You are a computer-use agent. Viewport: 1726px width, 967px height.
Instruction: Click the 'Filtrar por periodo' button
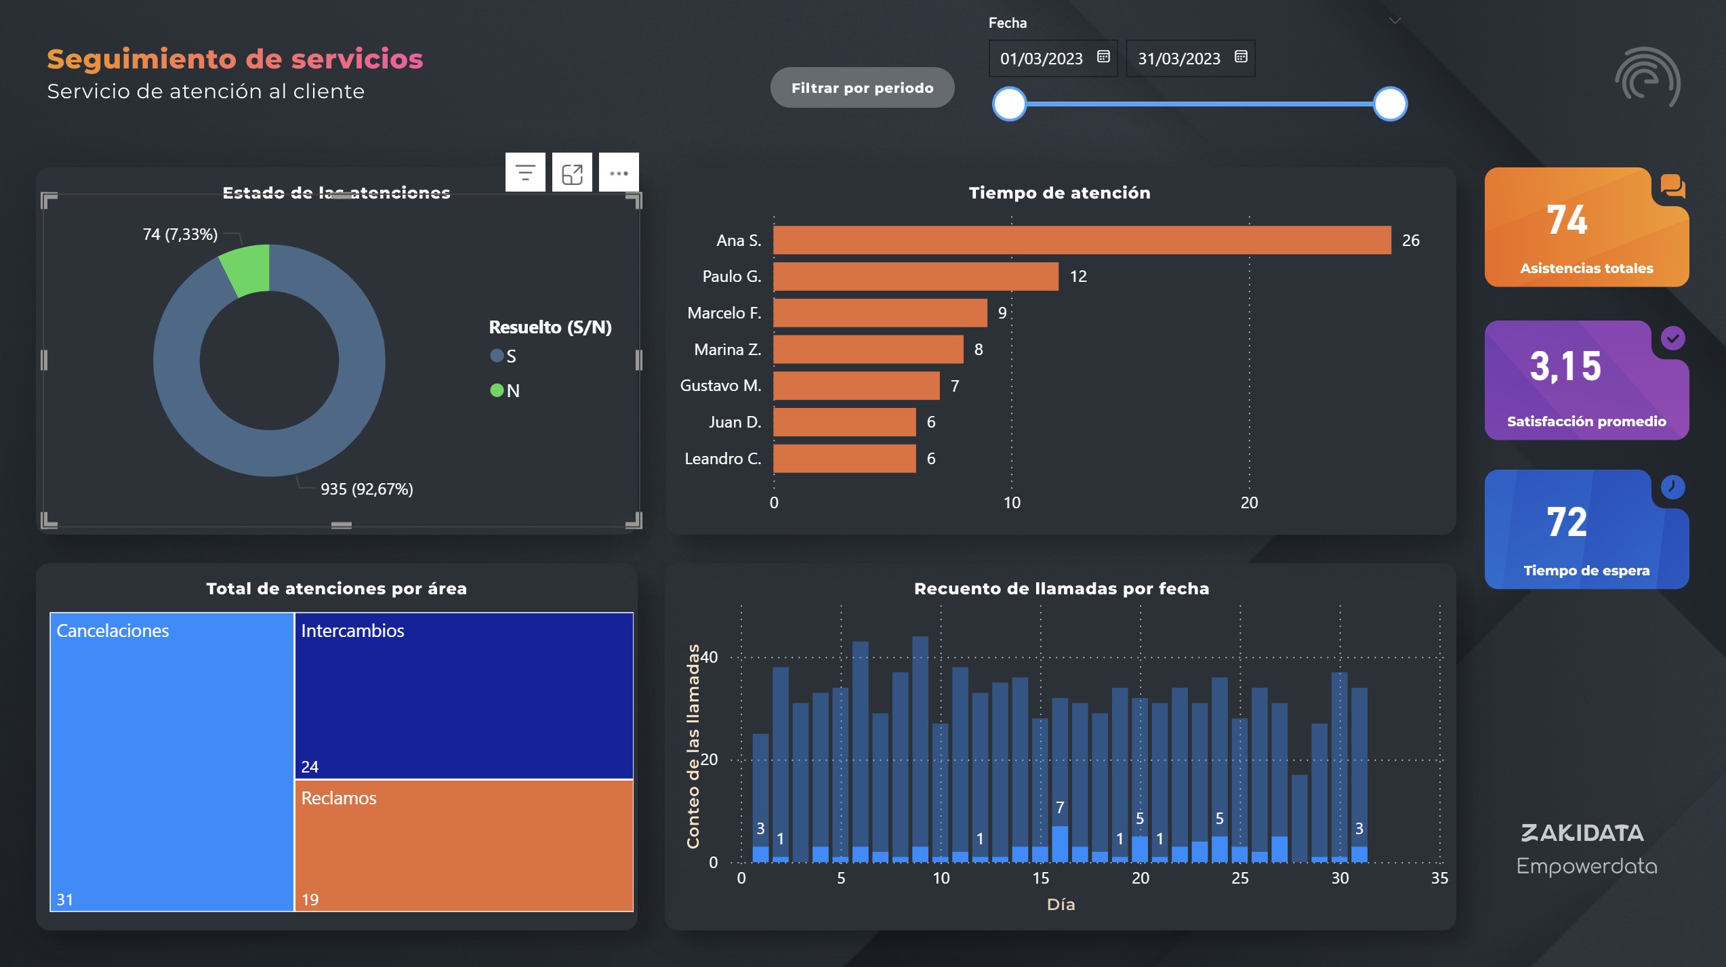[862, 88]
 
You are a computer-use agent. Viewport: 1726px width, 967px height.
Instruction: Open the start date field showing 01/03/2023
[1042, 59]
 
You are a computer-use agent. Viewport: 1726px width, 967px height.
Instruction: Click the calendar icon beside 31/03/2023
[1241, 57]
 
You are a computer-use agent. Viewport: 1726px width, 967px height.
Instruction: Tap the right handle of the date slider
[1390, 104]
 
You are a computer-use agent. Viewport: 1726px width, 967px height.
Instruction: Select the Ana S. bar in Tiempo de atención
[1082, 241]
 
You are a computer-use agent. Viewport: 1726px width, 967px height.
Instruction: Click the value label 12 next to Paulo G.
[1078, 276]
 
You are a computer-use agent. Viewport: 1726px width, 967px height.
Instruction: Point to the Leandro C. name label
[722, 459]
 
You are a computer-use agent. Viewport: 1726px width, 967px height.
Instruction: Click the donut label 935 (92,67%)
[367, 489]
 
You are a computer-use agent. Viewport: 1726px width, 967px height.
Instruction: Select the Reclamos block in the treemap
[464, 846]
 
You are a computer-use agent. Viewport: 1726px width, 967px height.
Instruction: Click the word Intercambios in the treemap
[352, 631]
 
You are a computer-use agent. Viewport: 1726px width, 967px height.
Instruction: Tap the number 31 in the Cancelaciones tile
[65, 900]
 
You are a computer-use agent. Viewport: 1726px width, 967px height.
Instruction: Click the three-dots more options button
[618, 173]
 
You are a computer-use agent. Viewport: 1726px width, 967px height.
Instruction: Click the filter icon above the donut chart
[525, 173]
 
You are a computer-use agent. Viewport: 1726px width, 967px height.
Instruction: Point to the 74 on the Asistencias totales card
[1566, 220]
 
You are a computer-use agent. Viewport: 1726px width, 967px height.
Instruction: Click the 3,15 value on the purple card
[1565, 367]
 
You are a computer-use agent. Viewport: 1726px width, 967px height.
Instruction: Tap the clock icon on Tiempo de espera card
[1672, 487]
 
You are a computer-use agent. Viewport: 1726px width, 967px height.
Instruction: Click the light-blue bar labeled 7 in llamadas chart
[1060, 844]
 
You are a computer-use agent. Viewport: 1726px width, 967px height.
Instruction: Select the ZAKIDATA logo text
[1582, 833]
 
